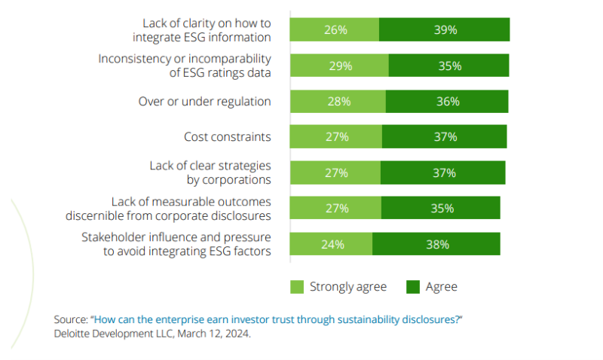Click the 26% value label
[x=335, y=30]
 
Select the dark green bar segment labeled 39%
[x=445, y=30]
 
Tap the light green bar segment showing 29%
[x=339, y=66]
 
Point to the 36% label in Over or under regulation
[x=448, y=102]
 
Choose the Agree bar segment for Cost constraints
[x=445, y=137]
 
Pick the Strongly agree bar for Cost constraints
[x=336, y=137]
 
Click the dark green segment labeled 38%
[x=436, y=244]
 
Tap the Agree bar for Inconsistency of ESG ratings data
[x=449, y=66]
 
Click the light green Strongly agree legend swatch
[x=297, y=287]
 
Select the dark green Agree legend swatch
[x=412, y=287]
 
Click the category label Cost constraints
[x=227, y=137]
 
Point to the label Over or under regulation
[x=204, y=102]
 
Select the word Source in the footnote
[x=70, y=319]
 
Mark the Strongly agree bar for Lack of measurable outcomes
[x=336, y=209]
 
